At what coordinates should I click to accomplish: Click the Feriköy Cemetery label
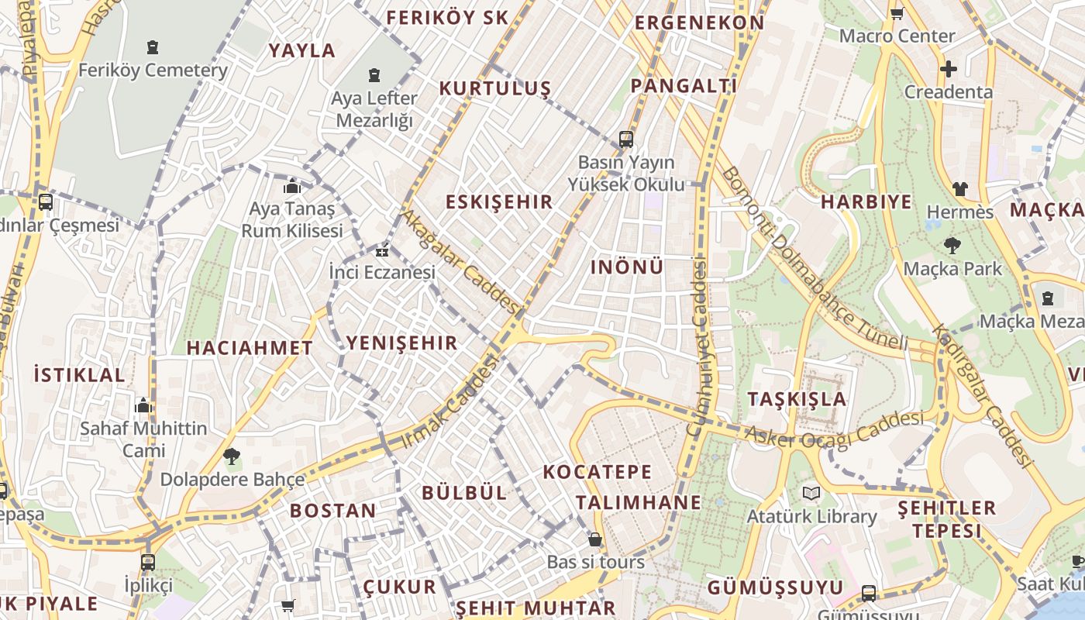(153, 71)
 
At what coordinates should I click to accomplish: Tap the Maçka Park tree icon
(952, 246)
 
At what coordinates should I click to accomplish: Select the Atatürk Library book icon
(811, 493)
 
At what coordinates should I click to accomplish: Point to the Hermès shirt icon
(960, 189)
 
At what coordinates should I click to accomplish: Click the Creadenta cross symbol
(948, 69)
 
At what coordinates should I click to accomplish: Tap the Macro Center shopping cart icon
(897, 13)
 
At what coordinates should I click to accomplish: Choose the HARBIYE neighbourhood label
(866, 202)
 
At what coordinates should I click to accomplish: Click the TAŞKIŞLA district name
(797, 399)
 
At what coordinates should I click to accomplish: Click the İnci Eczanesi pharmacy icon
(381, 251)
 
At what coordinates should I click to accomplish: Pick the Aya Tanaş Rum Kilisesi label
(292, 220)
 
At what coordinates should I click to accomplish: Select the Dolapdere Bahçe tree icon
(231, 456)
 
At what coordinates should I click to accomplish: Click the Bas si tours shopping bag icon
(595, 539)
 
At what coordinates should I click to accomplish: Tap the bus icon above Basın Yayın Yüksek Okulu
(626, 140)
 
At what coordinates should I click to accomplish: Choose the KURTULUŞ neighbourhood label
(494, 88)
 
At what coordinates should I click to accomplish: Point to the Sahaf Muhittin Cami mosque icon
(143, 405)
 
